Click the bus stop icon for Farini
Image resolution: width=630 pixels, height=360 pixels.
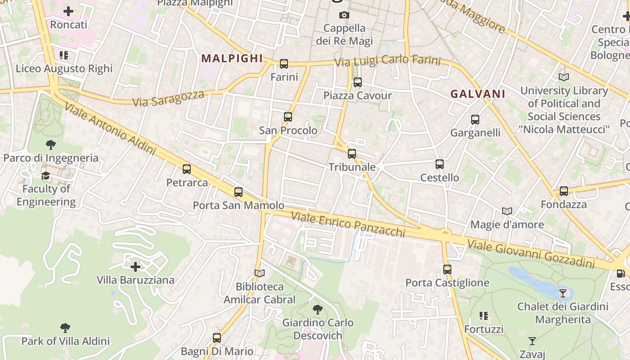[x=284, y=64]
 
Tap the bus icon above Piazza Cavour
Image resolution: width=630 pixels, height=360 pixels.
[x=358, y=82]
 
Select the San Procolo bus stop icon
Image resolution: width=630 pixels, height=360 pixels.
[x=288, y=117]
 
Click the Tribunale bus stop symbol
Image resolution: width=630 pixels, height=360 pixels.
[x=352, y=154]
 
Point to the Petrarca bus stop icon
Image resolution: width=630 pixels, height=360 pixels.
[x=187, y=169]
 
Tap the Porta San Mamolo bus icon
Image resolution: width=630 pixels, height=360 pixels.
[x=238, y=192]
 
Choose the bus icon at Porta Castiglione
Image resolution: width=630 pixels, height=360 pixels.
[x=447, y=270]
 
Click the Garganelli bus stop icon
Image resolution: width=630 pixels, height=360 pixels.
[x=475, y=120]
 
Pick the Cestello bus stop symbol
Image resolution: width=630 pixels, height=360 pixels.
[x=440, y=164]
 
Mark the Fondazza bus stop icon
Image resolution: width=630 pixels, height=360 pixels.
[x=564, y=191]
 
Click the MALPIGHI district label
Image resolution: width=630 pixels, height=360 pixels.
[x=232, y=58]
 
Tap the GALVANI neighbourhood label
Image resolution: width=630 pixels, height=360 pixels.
[x=478, y=94]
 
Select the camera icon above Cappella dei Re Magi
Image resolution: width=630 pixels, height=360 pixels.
[x=344, y=15]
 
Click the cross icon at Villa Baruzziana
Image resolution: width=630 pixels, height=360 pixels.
[x=135, y=267]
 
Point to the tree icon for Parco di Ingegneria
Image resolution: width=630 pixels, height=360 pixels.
[x=51, y=145]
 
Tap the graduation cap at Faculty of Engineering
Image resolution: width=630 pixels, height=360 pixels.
[x=46, y=175]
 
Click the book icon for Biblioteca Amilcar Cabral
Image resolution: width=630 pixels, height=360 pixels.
[x=260, y=273]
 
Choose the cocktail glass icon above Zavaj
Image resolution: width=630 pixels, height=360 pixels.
[x=532, y=341]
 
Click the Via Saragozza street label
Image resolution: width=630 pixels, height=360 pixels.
[x=169, y=98]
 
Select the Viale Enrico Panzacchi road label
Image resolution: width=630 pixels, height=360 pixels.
[x=348, y=224]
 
